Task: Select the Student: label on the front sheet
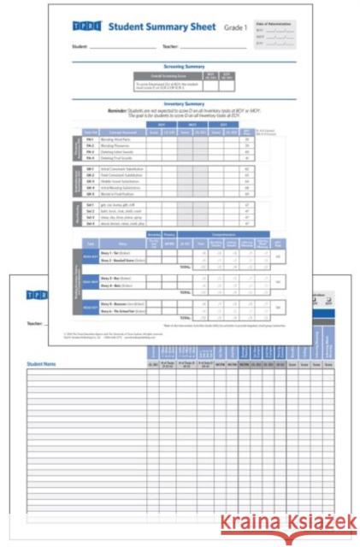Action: click(x=82, y=46)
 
